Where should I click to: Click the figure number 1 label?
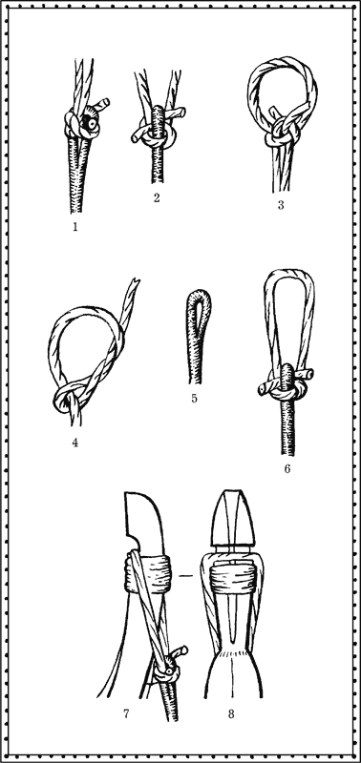point(75,226)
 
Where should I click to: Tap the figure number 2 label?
point(157,198)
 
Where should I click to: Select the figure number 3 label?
point(281,205)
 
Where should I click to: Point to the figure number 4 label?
point(75,443)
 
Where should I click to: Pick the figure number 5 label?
point(195,399)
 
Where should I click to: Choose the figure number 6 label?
point(287,469)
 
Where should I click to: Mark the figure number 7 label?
point(126,713)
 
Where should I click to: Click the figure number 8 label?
point(231,713)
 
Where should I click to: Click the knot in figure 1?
point(84,123)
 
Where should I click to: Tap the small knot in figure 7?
point(169,667)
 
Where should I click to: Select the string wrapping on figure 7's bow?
point(149,573)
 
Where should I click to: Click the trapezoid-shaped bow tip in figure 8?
point(235,518)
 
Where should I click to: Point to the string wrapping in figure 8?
point(232,578)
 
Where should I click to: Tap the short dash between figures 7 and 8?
point(186,576)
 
